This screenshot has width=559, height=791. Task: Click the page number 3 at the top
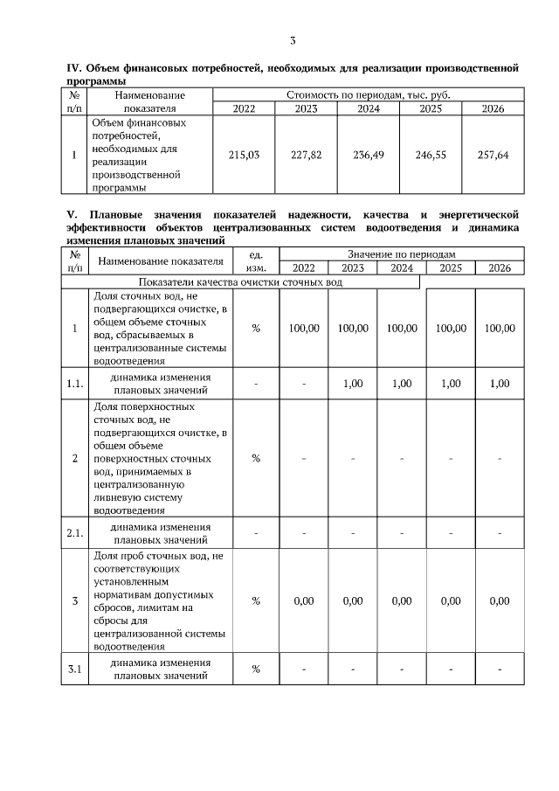(x=293, y=40)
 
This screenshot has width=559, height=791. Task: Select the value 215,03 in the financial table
(x=244, y=155)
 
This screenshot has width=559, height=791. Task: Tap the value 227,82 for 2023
(x=306, y=155)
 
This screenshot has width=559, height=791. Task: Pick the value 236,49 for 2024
(x=368, y=155)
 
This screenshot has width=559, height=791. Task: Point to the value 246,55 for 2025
(x=430, y=155)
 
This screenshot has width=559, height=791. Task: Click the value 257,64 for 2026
(x=493, y=155)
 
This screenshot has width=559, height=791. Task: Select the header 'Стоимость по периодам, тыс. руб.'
(x=368, y=94)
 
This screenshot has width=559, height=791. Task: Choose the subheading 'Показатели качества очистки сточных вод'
(x=240, y=282)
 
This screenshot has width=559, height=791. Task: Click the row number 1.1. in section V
(x=75, y=383)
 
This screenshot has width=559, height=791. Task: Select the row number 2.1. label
(x=75, y=533)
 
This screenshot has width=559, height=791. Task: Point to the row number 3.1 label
(x=75, y=670)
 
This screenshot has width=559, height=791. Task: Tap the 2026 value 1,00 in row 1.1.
(x=500, y=383)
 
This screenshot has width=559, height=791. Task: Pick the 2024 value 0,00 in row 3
(x=402, y=601)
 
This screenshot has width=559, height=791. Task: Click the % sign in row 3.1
(x=256, y=670)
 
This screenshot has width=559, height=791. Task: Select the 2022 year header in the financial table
(x=244, y=108)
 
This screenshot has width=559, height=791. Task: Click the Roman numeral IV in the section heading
(x=74, y=66)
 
